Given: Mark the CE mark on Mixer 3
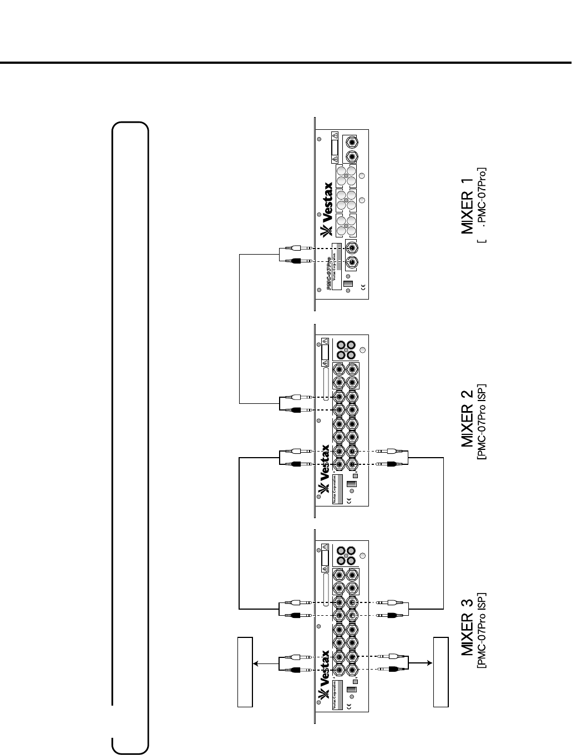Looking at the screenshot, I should tap(349, 706).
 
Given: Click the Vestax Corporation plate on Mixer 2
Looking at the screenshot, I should tap(336, 488).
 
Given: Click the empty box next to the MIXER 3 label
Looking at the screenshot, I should tap(441, 672).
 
